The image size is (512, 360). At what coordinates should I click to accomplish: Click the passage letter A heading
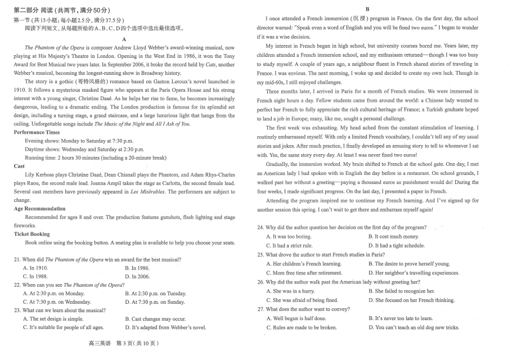click(x=124, y=39)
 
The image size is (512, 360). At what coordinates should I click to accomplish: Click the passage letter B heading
click(x=367, y=9)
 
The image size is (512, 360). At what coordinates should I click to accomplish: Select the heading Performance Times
click(x=37, y=132)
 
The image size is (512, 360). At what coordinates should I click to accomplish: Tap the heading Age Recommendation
click(x=39, y=209)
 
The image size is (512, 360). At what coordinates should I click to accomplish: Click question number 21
click(x=17, y=259)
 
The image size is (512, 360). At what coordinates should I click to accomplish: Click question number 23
click(x=17, y=310)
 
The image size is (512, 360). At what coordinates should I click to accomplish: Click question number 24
click(x=260, y=227)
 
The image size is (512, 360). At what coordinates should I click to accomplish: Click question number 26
click(x=260, y=282)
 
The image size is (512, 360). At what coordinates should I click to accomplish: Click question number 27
click(x=260, y=309)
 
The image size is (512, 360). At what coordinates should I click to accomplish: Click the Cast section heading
click(x=19, y=166)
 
